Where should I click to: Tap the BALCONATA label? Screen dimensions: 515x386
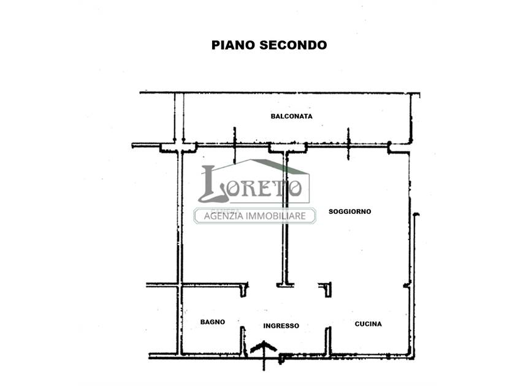[291, 116]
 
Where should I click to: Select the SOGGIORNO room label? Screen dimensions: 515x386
[350, 212]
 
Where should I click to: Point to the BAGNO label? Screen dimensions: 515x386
[213, 322]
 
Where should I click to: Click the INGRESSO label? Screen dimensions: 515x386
[281, 326]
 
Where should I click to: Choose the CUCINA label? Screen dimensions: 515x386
[368, 324]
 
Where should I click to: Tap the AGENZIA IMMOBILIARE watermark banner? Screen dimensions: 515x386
[255, 216]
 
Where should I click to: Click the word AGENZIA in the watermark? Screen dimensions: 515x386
[223, 216]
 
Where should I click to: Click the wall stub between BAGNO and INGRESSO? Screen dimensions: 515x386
[243, 341]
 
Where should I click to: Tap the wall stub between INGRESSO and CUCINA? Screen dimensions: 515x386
[328, 341]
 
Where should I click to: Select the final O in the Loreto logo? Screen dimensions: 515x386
[295, 189]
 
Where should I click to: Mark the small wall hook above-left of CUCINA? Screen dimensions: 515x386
[326, 289]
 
